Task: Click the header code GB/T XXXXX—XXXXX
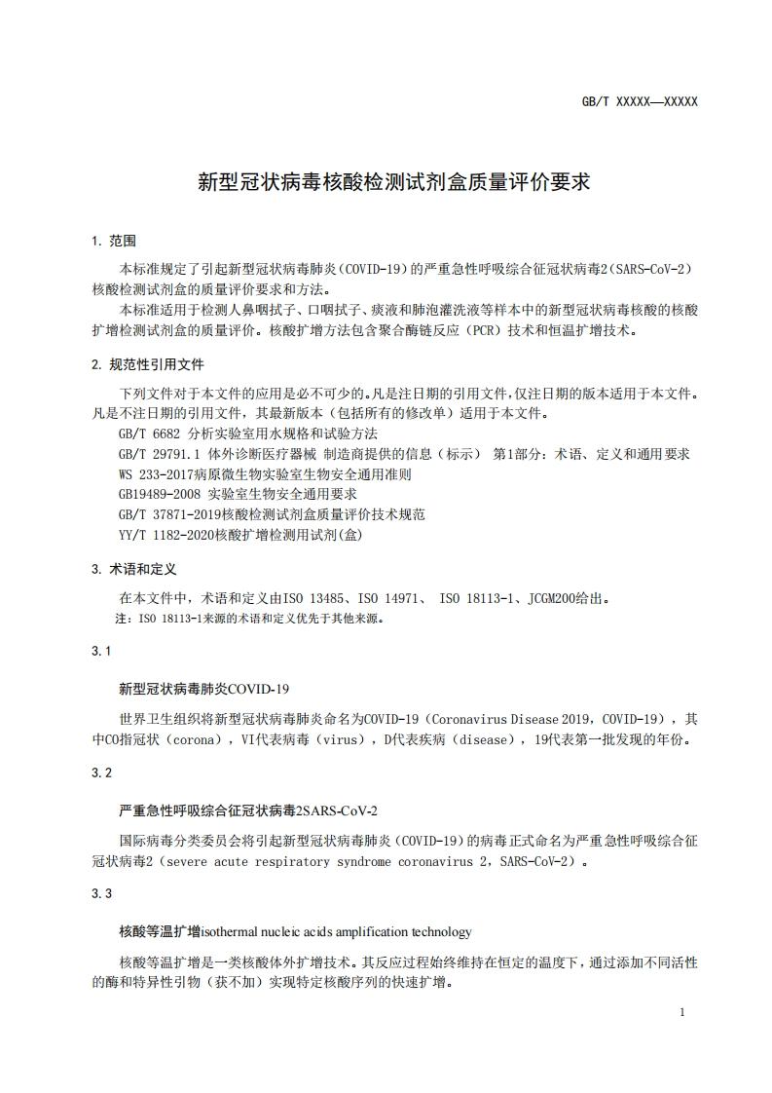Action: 639,101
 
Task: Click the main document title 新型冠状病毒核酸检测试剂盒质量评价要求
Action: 394,182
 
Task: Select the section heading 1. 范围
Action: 114,241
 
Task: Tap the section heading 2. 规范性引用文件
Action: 148,364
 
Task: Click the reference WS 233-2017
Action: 156,474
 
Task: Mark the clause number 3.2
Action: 101,773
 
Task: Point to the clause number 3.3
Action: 101,894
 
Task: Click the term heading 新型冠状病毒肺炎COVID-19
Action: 204,689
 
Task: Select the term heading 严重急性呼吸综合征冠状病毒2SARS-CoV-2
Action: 248,810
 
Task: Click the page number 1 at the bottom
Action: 682,1013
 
